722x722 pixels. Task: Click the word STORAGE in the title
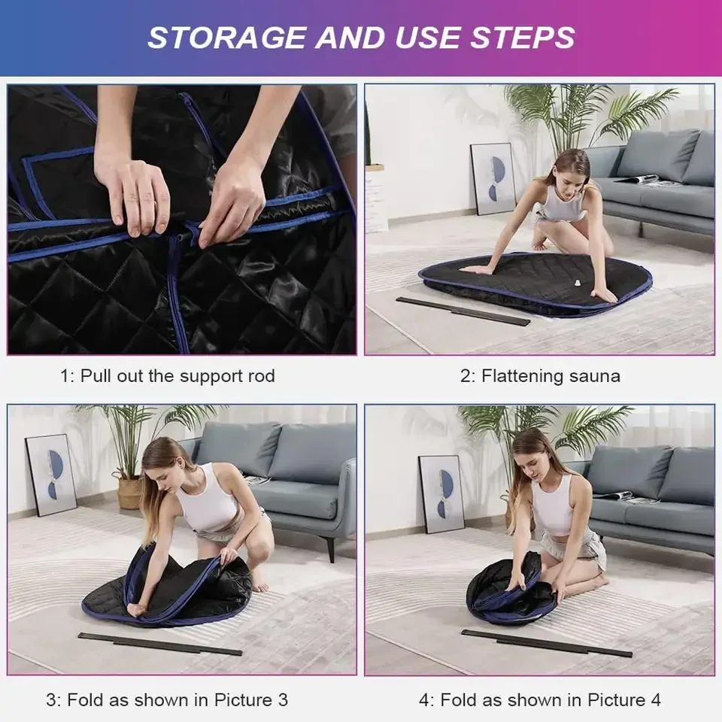pyautogui.click(x=223, y=37)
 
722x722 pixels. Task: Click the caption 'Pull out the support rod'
pyautogui.click(x=167, y=376)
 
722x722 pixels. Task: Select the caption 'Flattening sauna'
pyautogui.click(x=540, y=376)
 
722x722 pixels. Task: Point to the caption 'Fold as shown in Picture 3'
pyautogui.click(x=167, y=699)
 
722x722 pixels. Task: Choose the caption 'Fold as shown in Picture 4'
pyautogui.click(x=540, y=699)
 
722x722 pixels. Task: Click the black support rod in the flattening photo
pyautogui.click(x=463, y=311)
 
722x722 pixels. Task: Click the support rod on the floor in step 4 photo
pyautogui.click(x=546, y=643)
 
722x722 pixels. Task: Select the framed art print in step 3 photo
pyautogui.click(x=51, y=474)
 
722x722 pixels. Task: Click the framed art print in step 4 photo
pyautogui.click(x=441, y=494)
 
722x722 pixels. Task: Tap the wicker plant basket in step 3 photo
pyautogui.click(x=129, y=493)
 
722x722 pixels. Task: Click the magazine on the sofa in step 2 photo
pyautogui.click(x=639, y=179)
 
